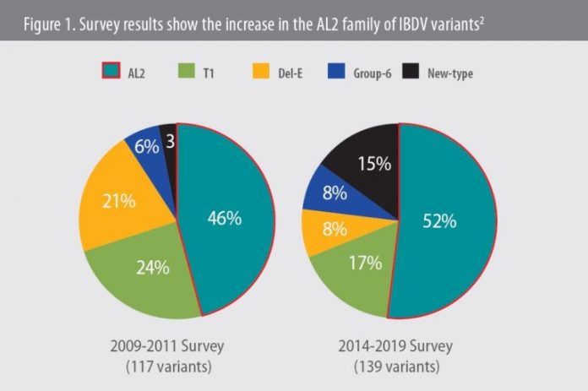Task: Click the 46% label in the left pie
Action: coord(226,218)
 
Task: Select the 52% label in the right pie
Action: coord(440,221)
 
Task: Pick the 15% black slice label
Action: coord(374,163)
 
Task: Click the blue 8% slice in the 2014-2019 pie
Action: coord(335,192)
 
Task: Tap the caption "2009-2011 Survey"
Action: coord(177,346)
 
